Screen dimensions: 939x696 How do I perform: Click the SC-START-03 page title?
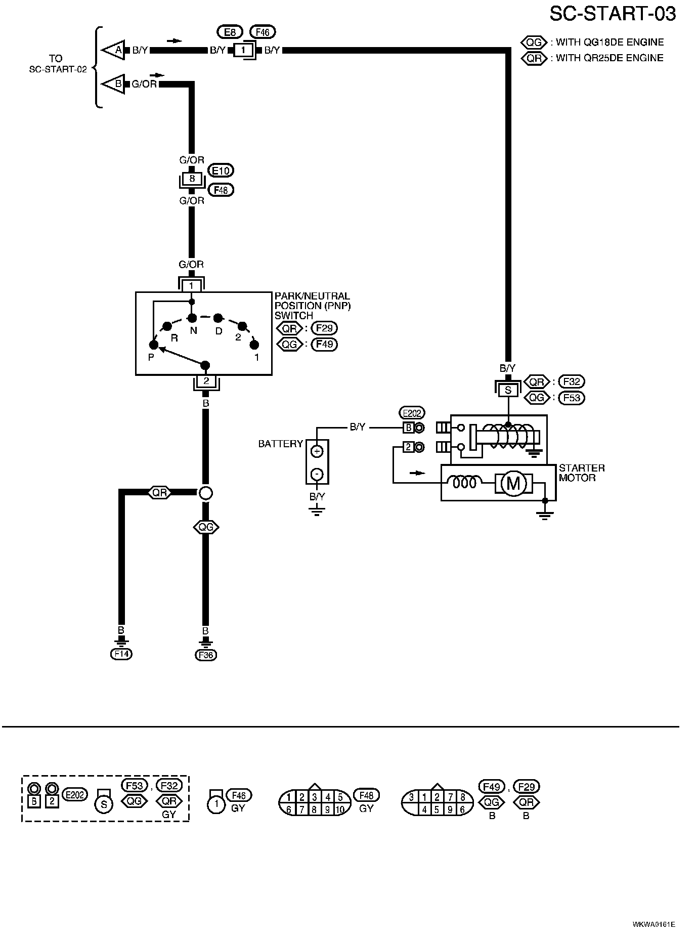(613, 14)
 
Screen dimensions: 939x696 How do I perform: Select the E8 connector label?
(230, 32)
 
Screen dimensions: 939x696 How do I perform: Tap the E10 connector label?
(221, 171)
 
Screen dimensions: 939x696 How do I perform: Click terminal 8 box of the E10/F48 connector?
(192, 179)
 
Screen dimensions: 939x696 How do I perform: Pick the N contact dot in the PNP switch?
(192, 318)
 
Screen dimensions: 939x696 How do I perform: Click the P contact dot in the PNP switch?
(153, 345)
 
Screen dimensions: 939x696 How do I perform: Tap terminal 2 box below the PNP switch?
(206, 381)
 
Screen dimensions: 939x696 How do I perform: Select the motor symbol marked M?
(513, 484)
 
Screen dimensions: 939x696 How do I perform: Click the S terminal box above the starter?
(508, 391)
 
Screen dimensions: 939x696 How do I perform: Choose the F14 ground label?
(121, 654)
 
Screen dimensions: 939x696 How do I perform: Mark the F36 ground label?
(206, 655)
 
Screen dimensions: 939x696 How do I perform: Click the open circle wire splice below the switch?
(205, 493)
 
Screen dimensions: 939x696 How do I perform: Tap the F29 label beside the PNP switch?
(324, 328)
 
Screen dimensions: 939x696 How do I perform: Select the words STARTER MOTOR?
(582, 473)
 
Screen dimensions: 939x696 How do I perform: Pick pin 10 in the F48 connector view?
(340, 810)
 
